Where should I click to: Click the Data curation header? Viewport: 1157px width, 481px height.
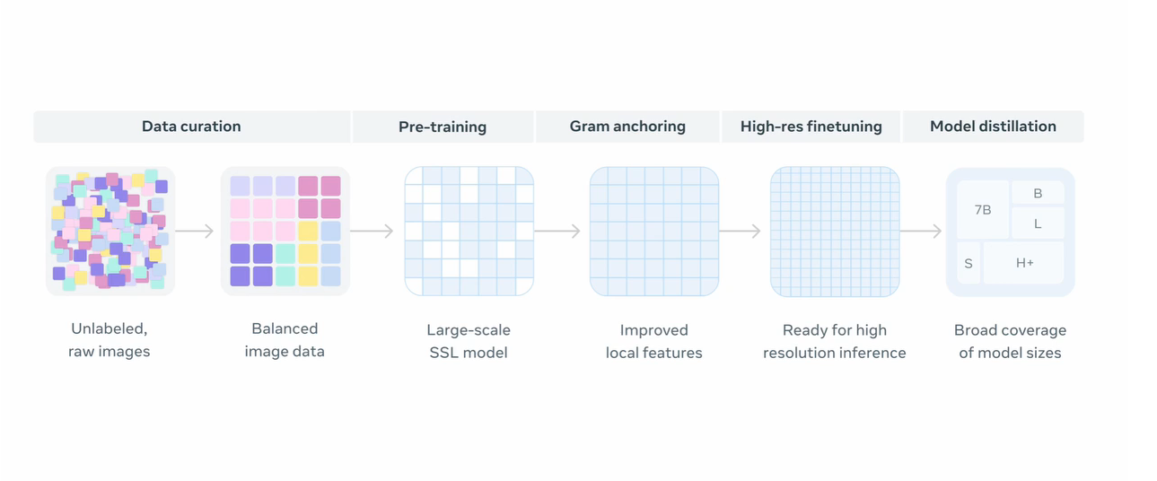tap(191, 127)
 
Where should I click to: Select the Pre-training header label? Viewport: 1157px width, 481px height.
tap(443, 127)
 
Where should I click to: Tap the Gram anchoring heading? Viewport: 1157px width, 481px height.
tap(627, 127)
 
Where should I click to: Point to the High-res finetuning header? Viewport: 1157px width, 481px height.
tap(811, 127)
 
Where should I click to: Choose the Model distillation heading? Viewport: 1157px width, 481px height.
tap(993, 127)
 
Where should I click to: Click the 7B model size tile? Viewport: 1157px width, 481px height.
tap(983, 210)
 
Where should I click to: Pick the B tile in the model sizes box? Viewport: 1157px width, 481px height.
tap(1038, 193)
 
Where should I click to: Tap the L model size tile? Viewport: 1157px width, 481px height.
tap(1038, 223)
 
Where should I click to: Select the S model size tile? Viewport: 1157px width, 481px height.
tap(969, 264)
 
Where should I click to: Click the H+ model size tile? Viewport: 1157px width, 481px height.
tap(1024, 263)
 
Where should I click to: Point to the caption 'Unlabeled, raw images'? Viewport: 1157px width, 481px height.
tap(109, 340)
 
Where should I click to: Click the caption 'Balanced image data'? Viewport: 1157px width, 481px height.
tap(285, 340)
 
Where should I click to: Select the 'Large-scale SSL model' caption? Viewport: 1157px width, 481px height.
tap(469, 341)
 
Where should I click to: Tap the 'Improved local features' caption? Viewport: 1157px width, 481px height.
tap(654, 341)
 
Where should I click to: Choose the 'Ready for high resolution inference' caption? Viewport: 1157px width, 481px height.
tap(834, 341)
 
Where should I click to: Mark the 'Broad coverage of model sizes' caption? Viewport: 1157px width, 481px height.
tap(1010, 341)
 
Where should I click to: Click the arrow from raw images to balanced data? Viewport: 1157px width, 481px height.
tap(195, 231)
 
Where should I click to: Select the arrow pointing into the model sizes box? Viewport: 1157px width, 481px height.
tap(921, 231)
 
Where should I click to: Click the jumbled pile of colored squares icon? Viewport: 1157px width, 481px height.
tap(110, 231)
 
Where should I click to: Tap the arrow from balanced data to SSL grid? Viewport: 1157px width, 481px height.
tap(372, 231)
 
